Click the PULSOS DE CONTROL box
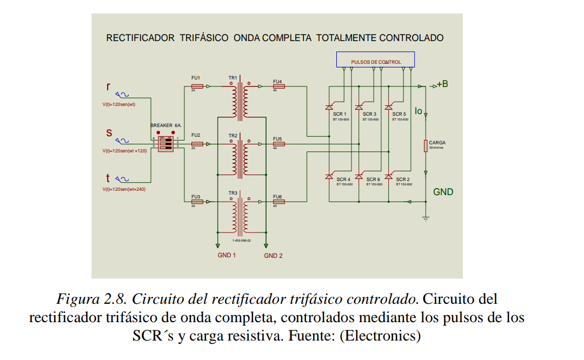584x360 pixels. [375, 59]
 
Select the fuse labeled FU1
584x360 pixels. [197, 86]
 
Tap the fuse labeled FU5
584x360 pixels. [278, 144]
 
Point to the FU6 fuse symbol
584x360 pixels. [278, 202]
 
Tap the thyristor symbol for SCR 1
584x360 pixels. [329, 108]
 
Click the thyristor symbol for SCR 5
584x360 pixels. [388, 108]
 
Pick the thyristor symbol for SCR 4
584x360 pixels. [329, 176]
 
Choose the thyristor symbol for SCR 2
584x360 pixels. [388, 176]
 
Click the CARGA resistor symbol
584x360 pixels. [426, 145]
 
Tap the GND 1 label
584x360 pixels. [226, 255]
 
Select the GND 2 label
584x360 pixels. [273, 256]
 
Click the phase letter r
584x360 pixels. [109, 86]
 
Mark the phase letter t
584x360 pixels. [108, 178]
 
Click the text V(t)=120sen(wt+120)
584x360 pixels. [124, 151]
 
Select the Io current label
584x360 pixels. [418, 111]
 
